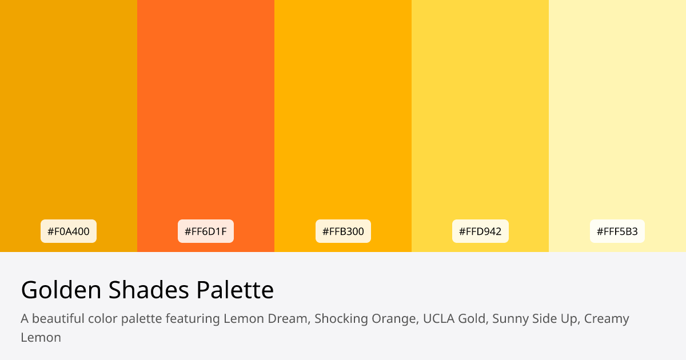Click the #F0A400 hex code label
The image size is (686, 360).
tap(69, 231)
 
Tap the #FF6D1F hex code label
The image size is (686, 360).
tap(206, 231)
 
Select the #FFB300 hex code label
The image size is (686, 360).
tap(343, 231)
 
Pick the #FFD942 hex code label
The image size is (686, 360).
tap(480, 231)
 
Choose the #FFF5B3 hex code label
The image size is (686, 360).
tap(617, 231)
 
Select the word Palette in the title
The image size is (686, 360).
tap(235, 290)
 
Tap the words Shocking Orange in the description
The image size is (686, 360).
tap(365, 318)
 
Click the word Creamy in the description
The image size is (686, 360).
tap(607, 318)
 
